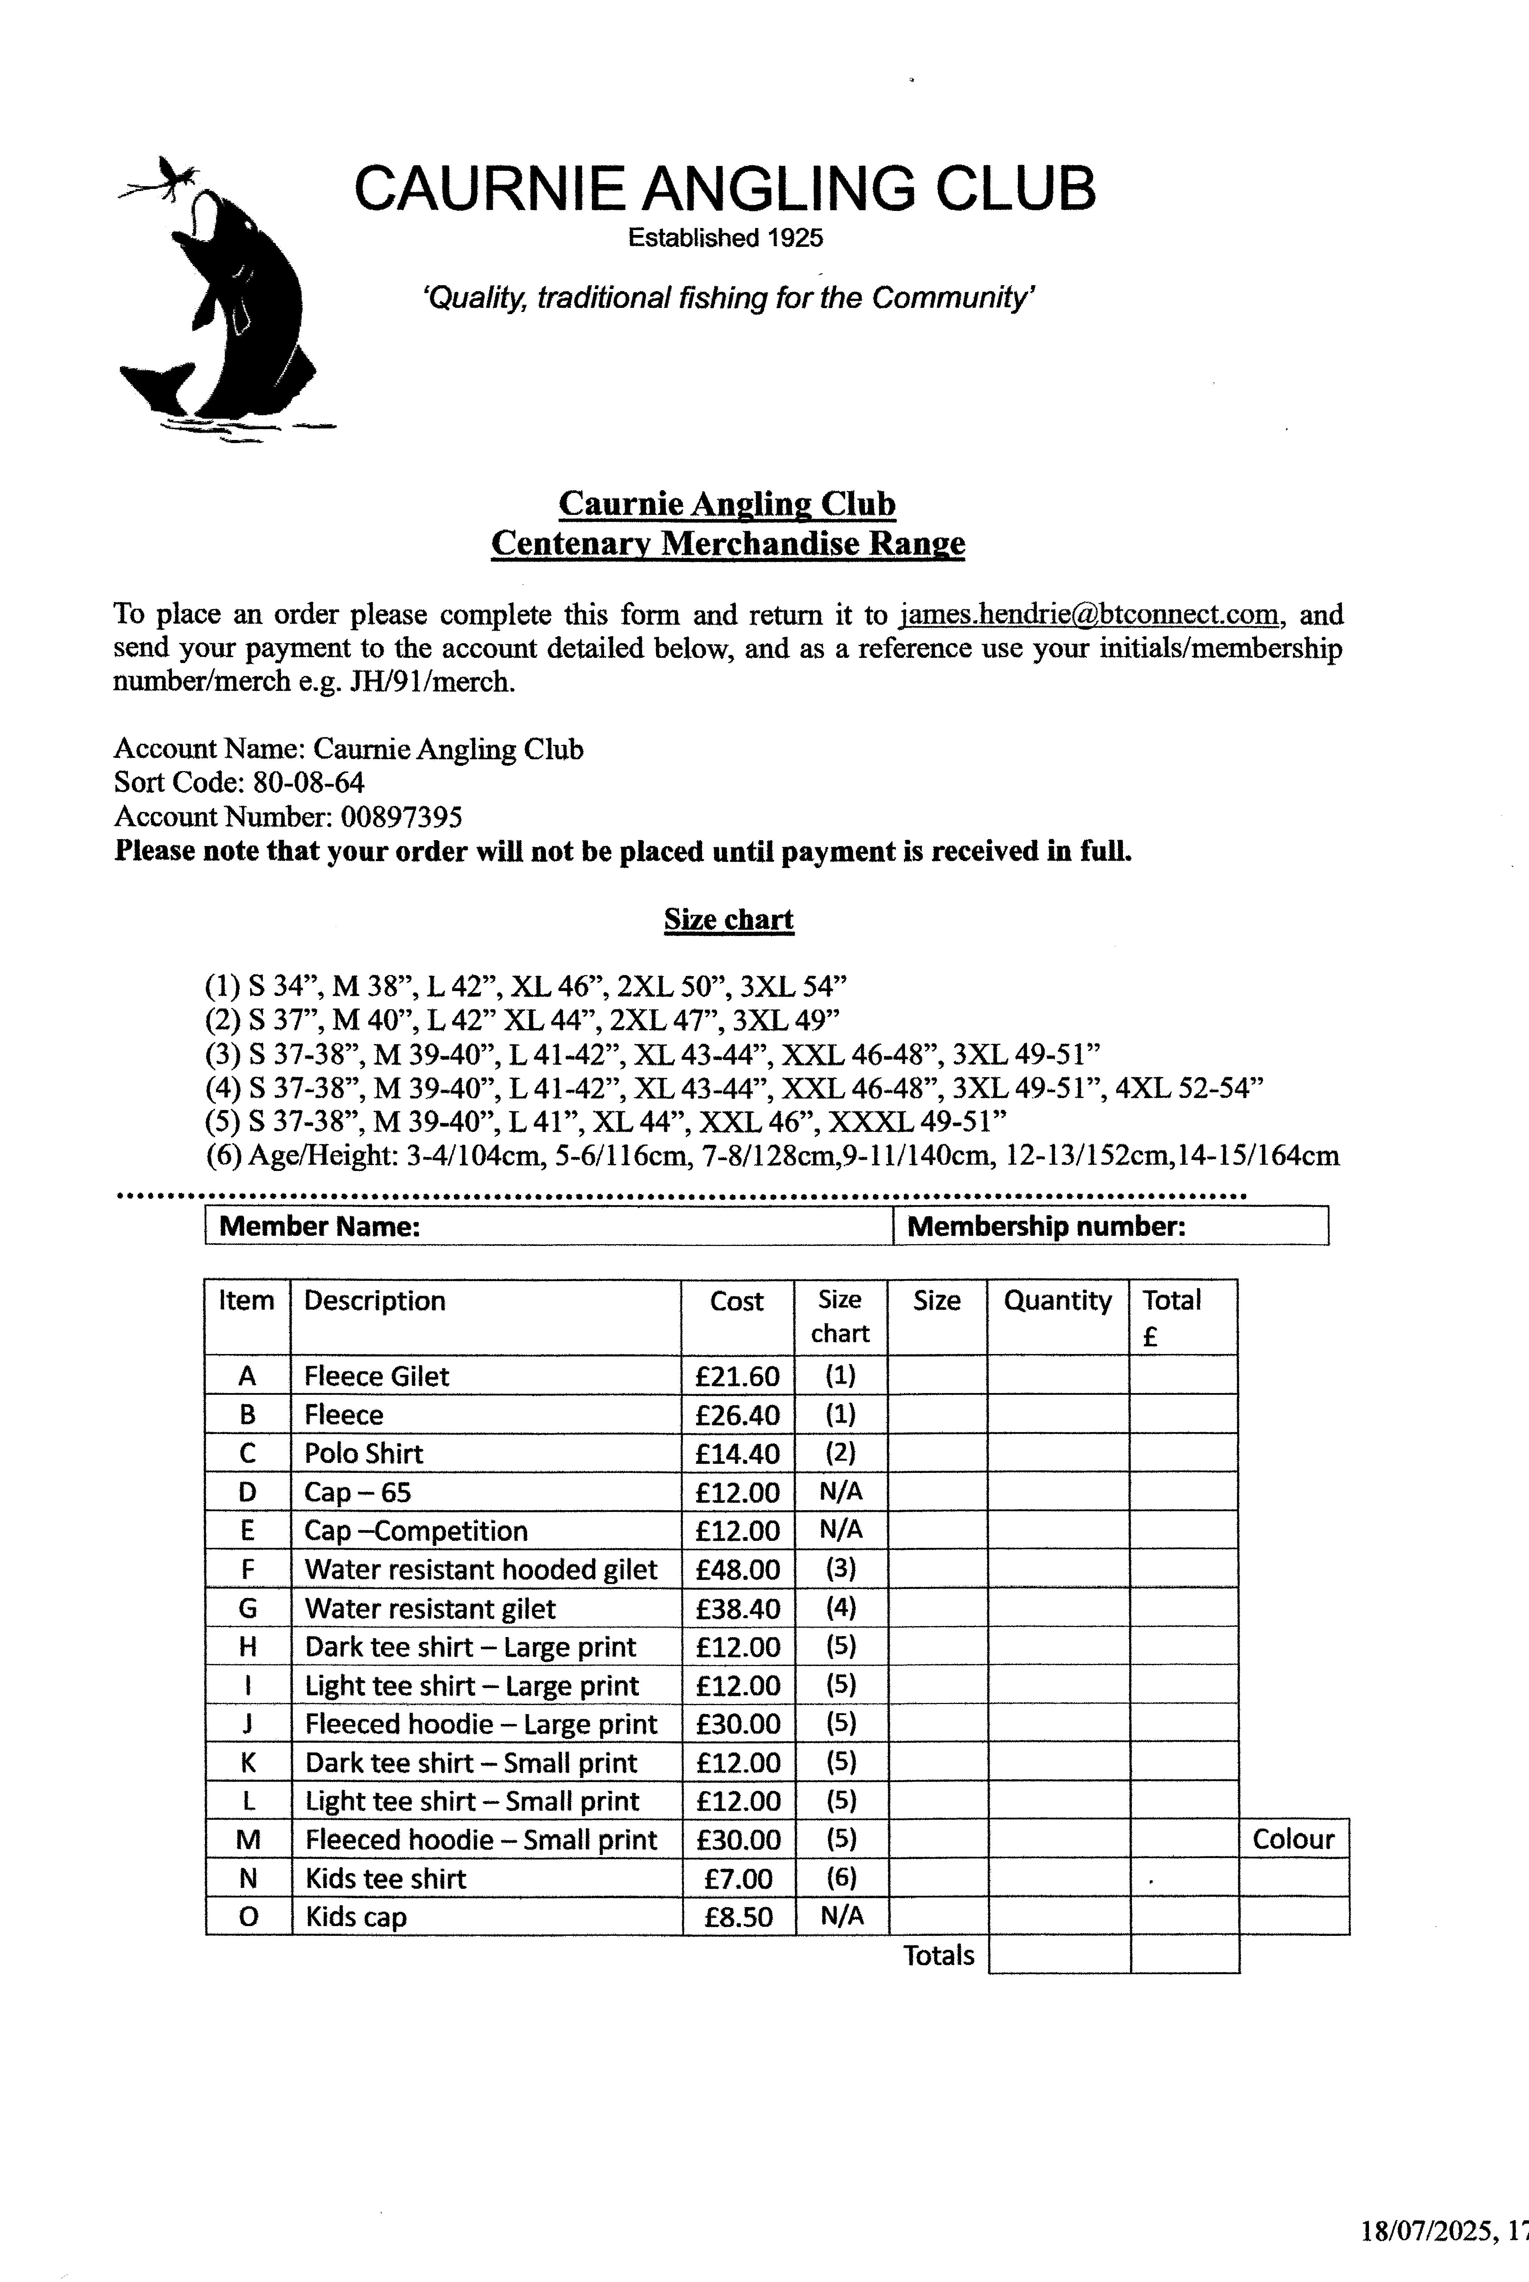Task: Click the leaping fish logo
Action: [x=224, y=302]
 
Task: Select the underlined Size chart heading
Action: [x=729, y=920]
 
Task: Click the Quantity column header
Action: [x=1057, y=1301]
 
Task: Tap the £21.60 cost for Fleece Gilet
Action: [x=737, y=1376]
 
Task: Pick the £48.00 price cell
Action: [x=737, y=1569]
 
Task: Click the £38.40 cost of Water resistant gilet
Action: [x=737, y=1608]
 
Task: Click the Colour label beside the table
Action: [x=1293, y=1839]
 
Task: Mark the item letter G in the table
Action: [x=248, y=1608]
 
